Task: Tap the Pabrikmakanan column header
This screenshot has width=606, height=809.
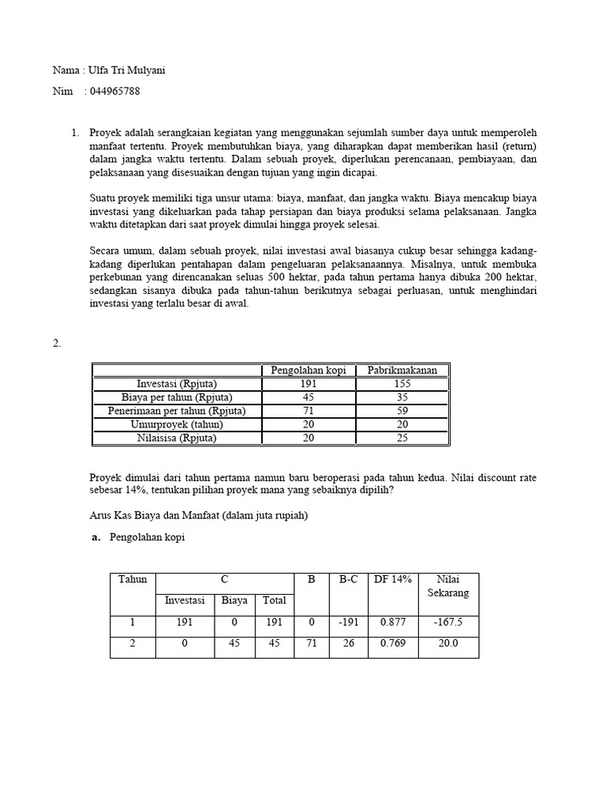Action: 402,370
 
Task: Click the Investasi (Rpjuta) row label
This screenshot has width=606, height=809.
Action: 177,384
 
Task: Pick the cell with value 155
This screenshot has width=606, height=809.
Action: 402,384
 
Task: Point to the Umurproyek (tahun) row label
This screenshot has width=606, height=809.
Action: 177,424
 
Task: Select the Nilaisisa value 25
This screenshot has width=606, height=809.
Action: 402,438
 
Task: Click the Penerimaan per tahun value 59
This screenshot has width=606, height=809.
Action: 402,411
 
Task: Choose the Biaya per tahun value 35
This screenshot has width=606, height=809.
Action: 402,397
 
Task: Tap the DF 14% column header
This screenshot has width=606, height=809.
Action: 393,579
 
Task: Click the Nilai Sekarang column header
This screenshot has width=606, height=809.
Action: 447,585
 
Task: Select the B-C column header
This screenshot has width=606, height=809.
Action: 348,579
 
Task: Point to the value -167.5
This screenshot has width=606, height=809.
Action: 447,622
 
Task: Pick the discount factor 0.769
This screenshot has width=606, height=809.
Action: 393,643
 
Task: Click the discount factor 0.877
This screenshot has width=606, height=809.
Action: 393,622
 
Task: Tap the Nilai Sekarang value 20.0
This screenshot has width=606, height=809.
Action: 447,643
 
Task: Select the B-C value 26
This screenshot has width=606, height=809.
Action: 348,643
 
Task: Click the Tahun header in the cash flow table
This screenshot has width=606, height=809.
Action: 133,579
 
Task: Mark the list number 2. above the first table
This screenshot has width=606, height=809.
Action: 57,343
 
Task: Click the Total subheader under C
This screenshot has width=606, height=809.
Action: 274,600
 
